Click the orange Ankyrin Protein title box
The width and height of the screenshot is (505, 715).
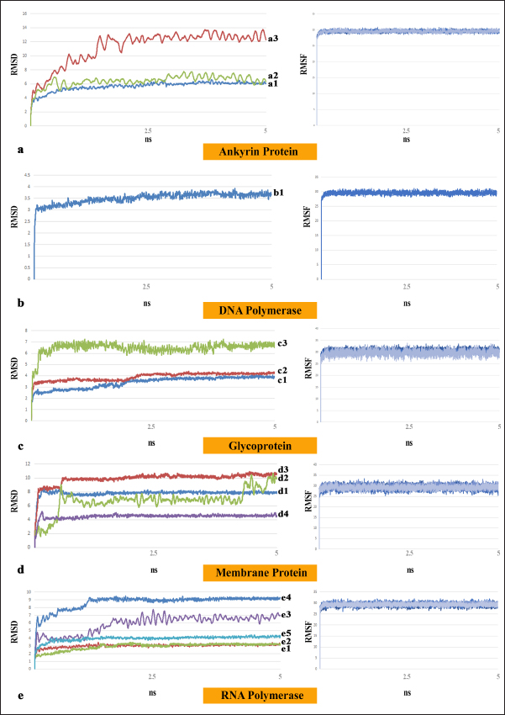(260, 151)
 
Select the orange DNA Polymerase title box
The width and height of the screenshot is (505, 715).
(260, 309)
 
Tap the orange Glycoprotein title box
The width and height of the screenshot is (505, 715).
(260, 445)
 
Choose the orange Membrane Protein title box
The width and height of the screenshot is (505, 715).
(260, 573)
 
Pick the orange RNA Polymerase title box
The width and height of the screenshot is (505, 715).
(260, 696)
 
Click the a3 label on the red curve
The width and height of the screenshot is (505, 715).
(273, 39)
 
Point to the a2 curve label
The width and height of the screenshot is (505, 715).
(273, 76)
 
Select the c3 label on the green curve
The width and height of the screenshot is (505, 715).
(281, 343)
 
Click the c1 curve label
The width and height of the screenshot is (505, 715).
(281, 379)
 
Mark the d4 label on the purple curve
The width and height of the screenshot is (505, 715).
(283, 515)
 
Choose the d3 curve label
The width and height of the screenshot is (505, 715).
(283, 469)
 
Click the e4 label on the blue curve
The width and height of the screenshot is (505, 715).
(285, 598)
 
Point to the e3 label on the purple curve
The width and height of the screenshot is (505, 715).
(285, 616)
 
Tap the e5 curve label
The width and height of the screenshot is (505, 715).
(285, 633)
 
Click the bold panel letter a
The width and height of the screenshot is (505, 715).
(18, 150)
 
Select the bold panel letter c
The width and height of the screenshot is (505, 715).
(18, 444)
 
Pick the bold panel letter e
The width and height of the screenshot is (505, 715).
(18, 695)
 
